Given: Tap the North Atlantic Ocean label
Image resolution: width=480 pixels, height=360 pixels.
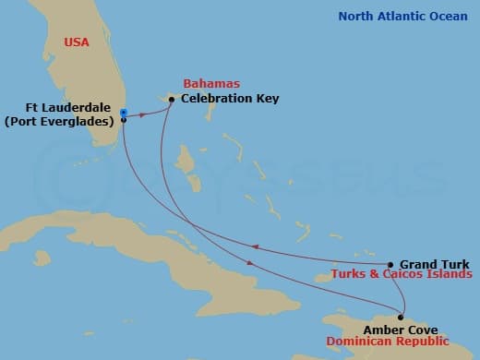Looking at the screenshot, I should (402, 16).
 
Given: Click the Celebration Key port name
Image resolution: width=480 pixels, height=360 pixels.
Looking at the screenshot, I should (230, 98).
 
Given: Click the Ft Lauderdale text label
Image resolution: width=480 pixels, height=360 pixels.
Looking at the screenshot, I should (67, 104).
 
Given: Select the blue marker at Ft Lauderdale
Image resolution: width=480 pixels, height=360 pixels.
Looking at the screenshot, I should (124, 112).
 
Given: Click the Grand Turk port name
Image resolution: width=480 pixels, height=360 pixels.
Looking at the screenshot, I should (429, 263).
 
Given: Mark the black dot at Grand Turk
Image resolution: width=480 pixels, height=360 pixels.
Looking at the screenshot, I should (390, 264).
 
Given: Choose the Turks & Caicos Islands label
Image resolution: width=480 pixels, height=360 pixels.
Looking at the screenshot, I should (402, 275).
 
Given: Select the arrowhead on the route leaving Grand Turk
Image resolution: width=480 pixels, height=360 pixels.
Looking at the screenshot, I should (257, 246).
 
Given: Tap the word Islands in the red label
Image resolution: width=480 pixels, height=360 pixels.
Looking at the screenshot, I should (450, 275).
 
